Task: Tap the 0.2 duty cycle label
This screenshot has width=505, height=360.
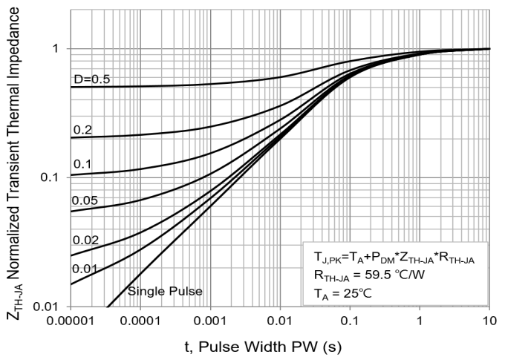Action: (82, 130)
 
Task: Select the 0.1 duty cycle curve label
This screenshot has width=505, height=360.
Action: (82, 163)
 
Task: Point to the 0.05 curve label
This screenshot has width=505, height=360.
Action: (85, 200)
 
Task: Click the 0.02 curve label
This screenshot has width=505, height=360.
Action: (85, 239)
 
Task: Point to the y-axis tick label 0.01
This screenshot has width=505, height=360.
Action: (47, 307)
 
